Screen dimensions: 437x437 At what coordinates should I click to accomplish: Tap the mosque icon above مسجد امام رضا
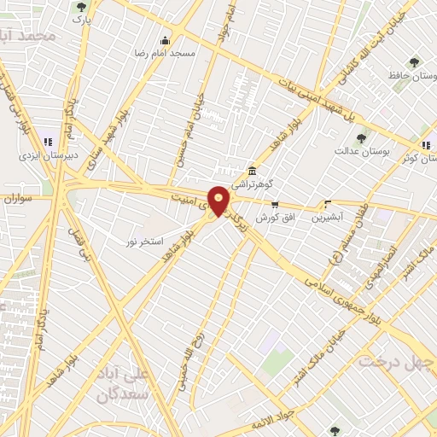[165, 40]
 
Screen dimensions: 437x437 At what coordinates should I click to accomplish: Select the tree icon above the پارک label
[81, 7]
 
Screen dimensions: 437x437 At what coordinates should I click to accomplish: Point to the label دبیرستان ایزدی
[49, 156]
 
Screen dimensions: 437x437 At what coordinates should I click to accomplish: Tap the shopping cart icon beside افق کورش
[275, 204]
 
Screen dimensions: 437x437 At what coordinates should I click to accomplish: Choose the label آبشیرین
[327, 218]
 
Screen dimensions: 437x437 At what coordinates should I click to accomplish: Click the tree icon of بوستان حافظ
[414, 62]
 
